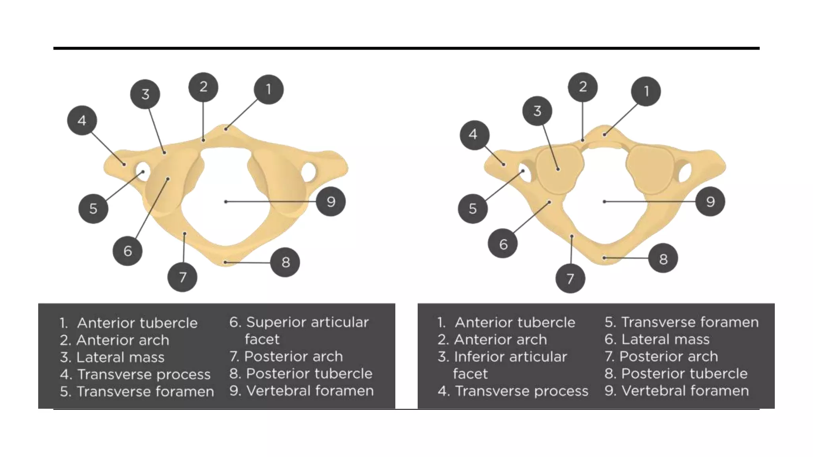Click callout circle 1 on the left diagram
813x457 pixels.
point(269,89)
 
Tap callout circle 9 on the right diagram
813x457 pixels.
point(710,202)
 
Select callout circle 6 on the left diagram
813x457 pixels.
point(127,251)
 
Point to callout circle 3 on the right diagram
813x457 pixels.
point(537,111)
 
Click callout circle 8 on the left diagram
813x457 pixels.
point(285,262)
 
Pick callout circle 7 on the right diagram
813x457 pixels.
point(570,278)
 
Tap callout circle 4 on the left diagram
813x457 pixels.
point(82,120)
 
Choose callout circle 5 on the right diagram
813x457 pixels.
point(472,208)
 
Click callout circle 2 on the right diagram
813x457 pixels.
point(582,87)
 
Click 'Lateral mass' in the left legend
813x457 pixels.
point(120,357)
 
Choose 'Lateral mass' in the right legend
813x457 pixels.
point(665,339)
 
